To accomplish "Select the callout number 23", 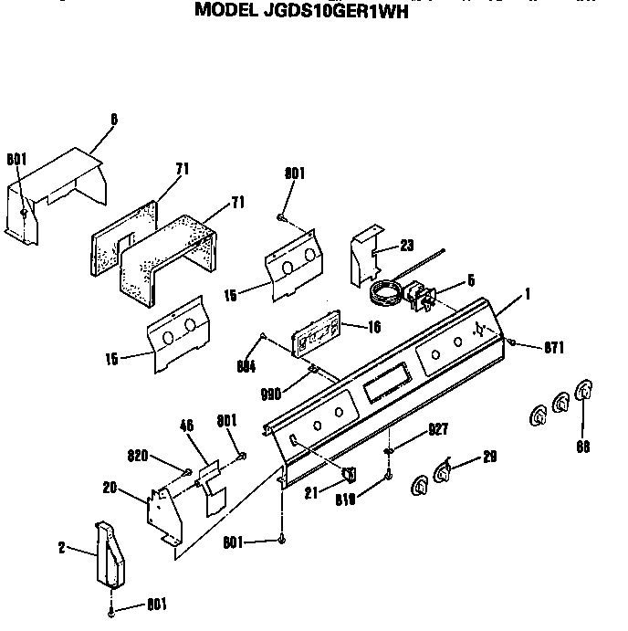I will (406, 245).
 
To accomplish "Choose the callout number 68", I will (581, 447).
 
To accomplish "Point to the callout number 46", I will (187, 426).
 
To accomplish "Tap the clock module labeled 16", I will (315, 334).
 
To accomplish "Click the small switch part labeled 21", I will (349, 473).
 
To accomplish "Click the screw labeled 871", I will (512, 343).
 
